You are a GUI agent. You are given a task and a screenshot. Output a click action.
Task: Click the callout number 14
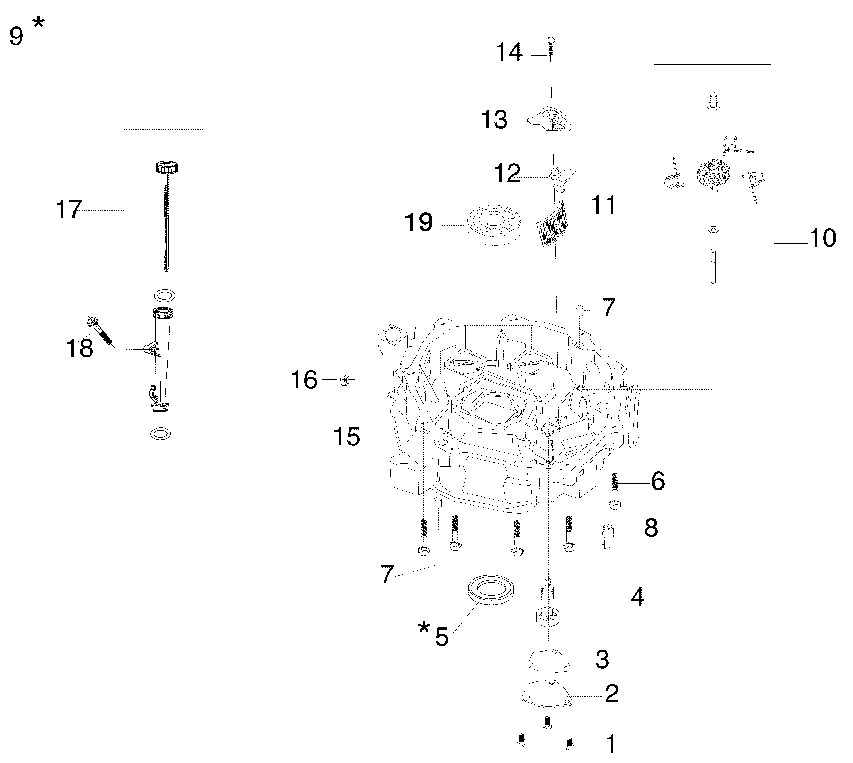click(509, 52)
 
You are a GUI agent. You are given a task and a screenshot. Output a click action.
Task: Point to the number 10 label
click(823, 238)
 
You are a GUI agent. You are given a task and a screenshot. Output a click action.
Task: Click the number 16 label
click(304, 380)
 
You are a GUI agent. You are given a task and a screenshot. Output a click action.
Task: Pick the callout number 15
click(346, 437)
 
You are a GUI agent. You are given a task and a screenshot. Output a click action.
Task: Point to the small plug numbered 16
click(345, 380)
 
